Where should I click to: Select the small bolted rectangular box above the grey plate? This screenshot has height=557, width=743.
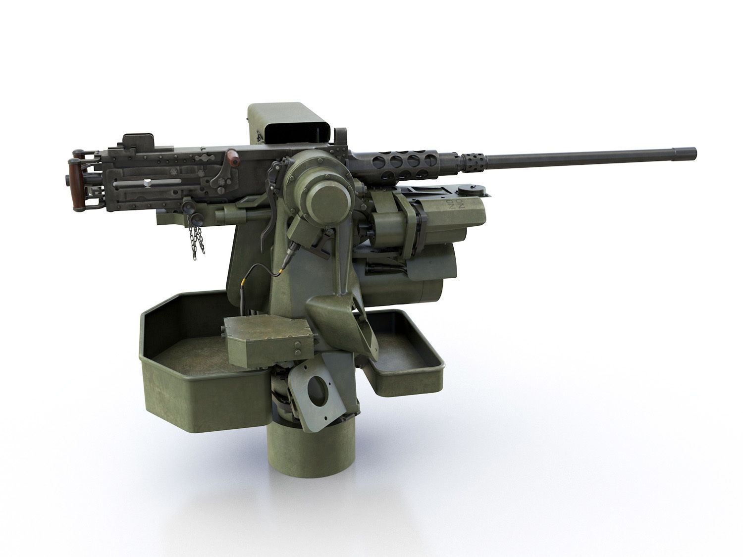(x=267, y=337)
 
